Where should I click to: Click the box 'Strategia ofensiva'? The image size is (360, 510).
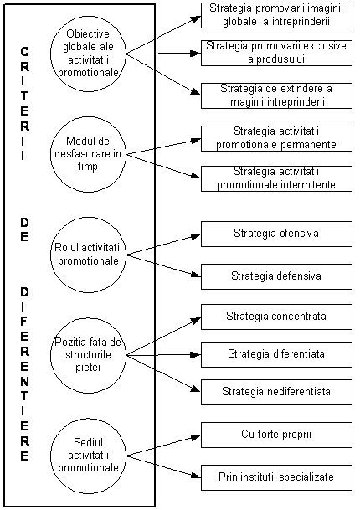(x=276, y=234)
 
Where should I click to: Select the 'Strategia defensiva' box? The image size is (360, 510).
(x=276, y=276)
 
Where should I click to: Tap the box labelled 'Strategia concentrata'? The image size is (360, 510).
(x=276, y=317)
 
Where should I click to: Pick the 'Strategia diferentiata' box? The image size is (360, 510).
(x=276, y=354)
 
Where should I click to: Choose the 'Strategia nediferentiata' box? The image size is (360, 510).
(x=276, y=392)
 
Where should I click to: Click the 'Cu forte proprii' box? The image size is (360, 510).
(x=276, y=435)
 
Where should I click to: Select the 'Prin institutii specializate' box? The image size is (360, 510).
(x=276, y=477)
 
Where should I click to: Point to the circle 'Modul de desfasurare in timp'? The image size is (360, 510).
(x=88, y=154)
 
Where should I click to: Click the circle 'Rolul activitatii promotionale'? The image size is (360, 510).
(x=88, y=255)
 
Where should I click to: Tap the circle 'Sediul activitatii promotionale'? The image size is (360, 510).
(x=88, y=456)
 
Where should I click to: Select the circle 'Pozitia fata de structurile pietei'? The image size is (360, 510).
(x=88, y=355)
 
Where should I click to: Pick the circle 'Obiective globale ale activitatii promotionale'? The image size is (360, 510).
(x=88, y=54)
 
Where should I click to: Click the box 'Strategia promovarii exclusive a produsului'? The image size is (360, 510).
(x=276, y=53)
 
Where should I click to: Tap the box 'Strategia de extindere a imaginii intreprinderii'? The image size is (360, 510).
(x=276, y=95)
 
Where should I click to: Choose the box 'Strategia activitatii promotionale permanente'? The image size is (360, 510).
(x=276, y=138)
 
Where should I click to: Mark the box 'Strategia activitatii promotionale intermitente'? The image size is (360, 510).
(x=276, y=178)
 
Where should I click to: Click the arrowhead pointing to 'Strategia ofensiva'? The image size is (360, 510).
(x=196, y=236)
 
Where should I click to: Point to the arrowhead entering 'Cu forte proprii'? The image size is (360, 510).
(x=196, y=437)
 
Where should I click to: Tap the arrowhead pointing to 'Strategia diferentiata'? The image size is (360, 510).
(x=196, y=354)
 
